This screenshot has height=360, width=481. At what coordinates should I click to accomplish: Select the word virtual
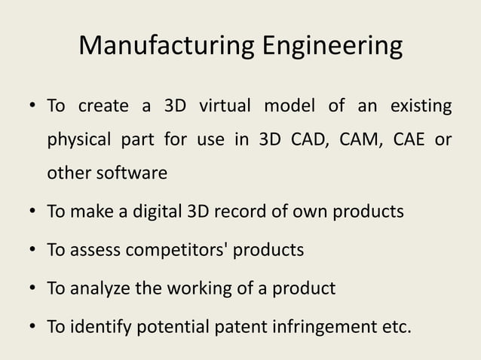[225, 105]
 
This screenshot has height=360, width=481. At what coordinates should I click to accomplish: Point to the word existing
[421, 106]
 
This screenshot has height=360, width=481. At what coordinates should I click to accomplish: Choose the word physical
[78, 140]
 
